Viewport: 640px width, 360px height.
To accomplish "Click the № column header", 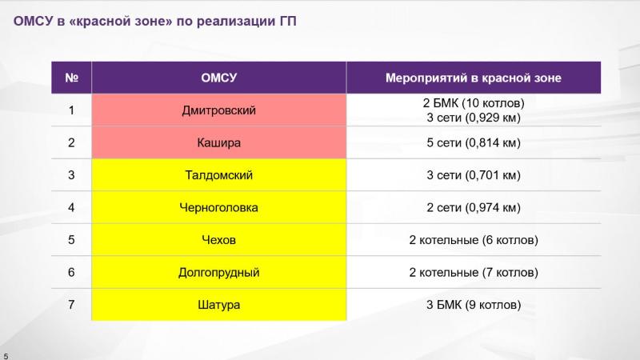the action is pyautogui.click(x=71, y=78).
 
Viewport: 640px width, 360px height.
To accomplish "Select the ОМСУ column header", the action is pyautogui.click(x=218, y=78).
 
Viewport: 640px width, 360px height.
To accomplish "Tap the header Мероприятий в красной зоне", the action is pyautogui.click(x=474, y=78).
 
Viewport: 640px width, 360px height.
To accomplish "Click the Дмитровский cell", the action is pyautogui.click(x=218, y=110).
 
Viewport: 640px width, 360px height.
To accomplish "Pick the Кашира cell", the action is pyautogui.click(x=218, y=142).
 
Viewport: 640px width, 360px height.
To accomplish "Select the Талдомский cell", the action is pyautogui.click(x=218, y=174).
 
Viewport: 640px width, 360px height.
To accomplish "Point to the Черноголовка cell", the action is pyautogui.click(x=218, y=207).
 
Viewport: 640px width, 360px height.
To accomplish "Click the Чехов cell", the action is pyautogui.click(x=218, y=239).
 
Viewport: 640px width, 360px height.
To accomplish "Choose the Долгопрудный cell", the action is pyautogui.click(x=218, y=272).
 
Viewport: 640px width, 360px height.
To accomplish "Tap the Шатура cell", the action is pyautogui.click(x=218, y=305).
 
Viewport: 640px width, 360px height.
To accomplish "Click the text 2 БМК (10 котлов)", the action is pyautogui.click(x=474, y=103).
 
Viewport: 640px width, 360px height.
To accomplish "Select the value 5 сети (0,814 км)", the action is pyautogui.click(x=474, y=143).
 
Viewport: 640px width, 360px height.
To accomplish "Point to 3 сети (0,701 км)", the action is pyautogui.click(x=474, y=175).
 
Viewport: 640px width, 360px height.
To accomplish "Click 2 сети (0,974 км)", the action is pyautogui.click(x=474, y=208).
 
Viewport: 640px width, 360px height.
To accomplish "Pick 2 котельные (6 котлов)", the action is pyautogui.click(x=474, y=240).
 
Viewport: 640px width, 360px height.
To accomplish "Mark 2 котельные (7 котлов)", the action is pyautogui.click(x=474, y=272).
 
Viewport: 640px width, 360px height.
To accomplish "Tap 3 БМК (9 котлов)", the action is pyautogui.click(x=474, y=305).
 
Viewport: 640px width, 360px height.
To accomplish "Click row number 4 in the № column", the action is pyautogui.click(x=71, y=207).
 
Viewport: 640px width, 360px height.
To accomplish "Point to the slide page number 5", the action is pyautogui.click(x=6, y=356).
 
